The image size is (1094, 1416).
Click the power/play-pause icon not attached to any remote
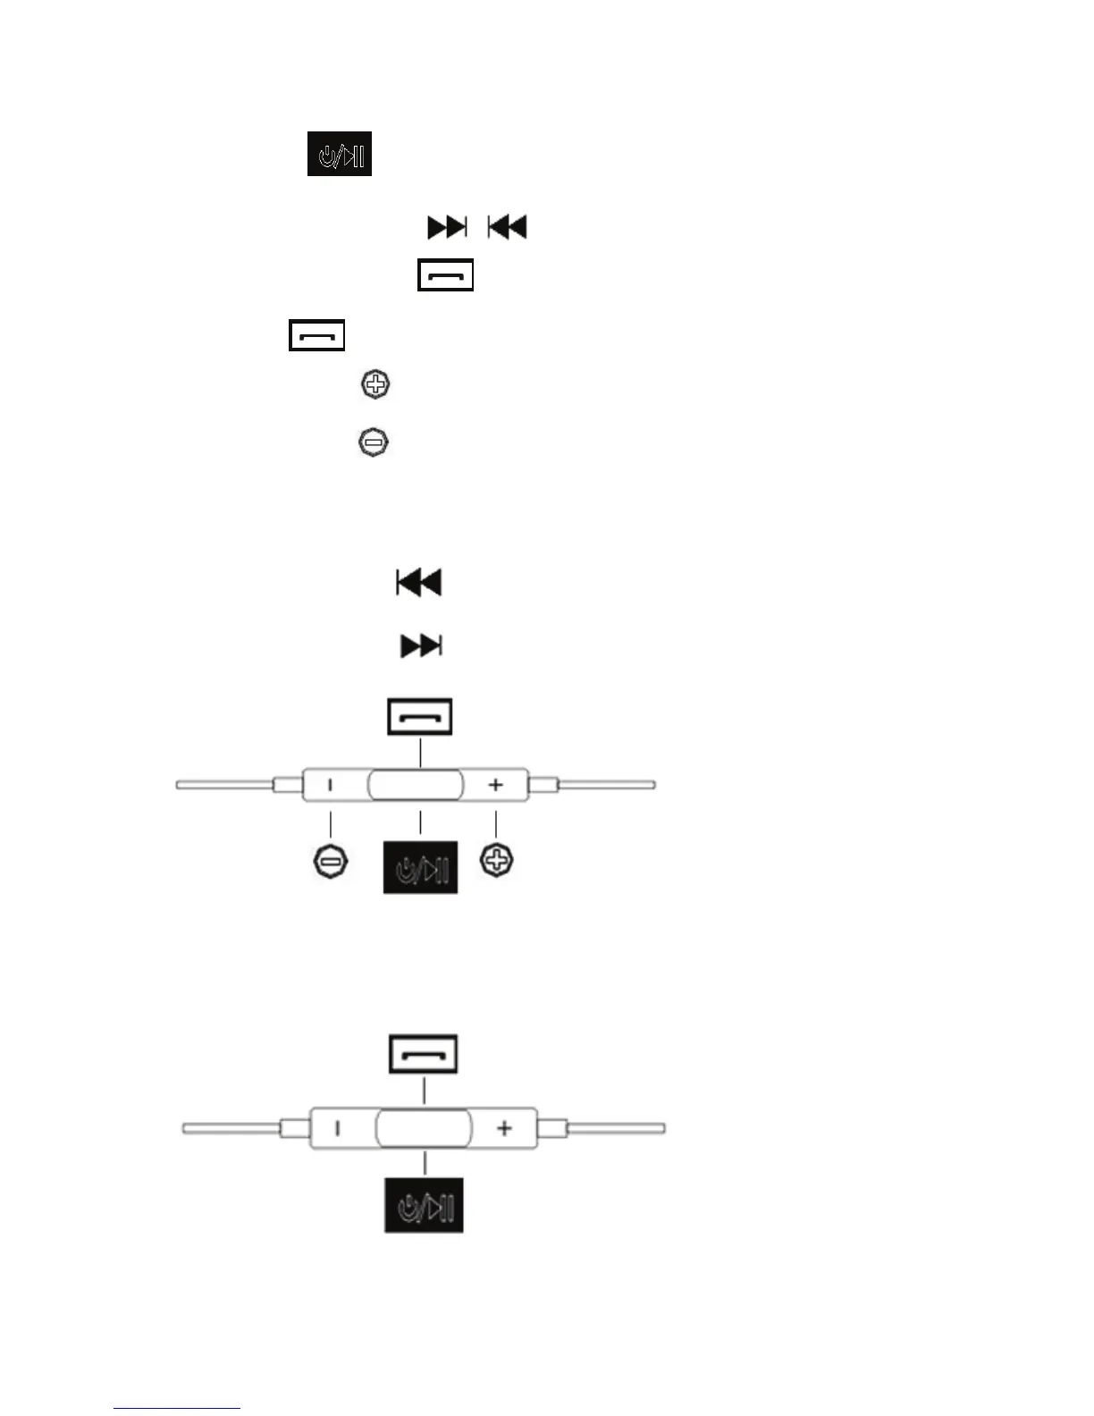pos(340,154)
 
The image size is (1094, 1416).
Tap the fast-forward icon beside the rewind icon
pos(447,227)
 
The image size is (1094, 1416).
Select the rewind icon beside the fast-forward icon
pos(507,227)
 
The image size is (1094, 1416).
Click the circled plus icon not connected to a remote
pos(375,385)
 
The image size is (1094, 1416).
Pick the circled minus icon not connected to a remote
pos(374,442)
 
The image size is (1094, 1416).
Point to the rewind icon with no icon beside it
pos(419,583)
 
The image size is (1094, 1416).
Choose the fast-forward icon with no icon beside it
pos(421,645)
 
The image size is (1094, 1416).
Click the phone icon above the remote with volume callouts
pos(419,717)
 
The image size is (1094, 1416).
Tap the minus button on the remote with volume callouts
pos(331,785)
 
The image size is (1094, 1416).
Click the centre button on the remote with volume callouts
pos(416,786)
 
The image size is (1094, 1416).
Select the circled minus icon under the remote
pos(330,862)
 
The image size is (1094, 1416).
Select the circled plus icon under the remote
pos(497,862)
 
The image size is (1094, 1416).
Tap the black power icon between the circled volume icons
pos(420,867)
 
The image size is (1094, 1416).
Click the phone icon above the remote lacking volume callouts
pos(423,1054)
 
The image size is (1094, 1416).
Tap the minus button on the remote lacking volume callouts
pos(337,1128)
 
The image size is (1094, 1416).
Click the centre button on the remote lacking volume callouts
pos(424,1128)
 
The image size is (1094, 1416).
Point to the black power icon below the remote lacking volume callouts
pos(424,1206)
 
